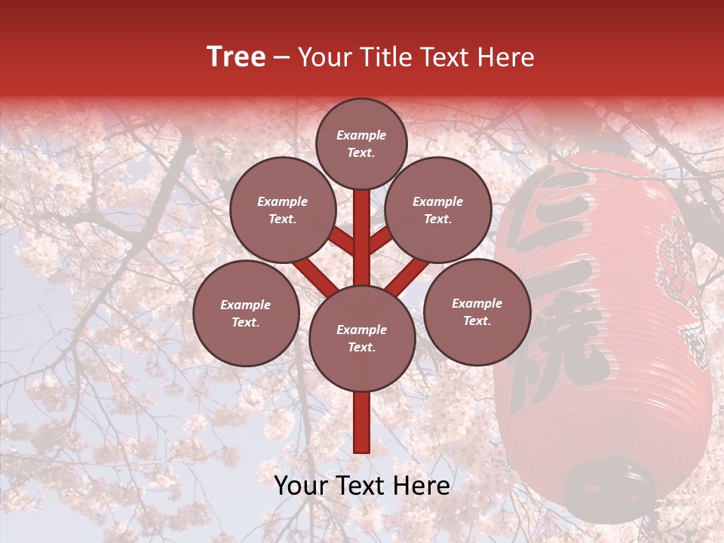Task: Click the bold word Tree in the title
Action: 236,57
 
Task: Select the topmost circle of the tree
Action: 361,143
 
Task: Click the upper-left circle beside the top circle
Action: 283,210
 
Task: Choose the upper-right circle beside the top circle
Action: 438,210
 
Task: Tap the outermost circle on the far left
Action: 246,313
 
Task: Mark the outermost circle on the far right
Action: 477,311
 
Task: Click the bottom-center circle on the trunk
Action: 362,338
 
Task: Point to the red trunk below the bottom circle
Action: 362,422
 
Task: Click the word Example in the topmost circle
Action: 361,135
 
